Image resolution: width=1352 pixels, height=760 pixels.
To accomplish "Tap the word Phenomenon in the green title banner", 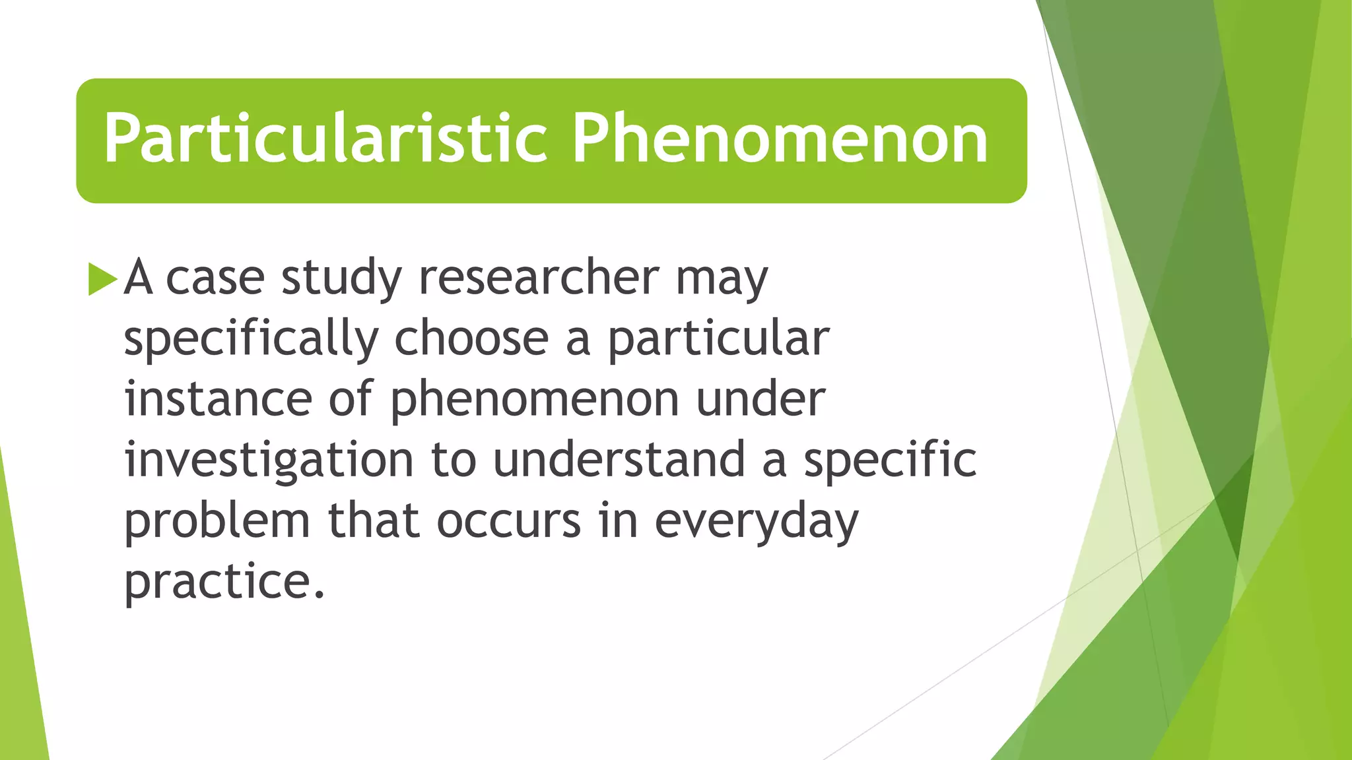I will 780,139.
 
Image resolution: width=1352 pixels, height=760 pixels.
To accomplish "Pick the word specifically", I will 251,340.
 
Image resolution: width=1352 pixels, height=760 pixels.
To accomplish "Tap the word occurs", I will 509,521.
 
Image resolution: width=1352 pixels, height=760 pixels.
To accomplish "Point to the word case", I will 215,278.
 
